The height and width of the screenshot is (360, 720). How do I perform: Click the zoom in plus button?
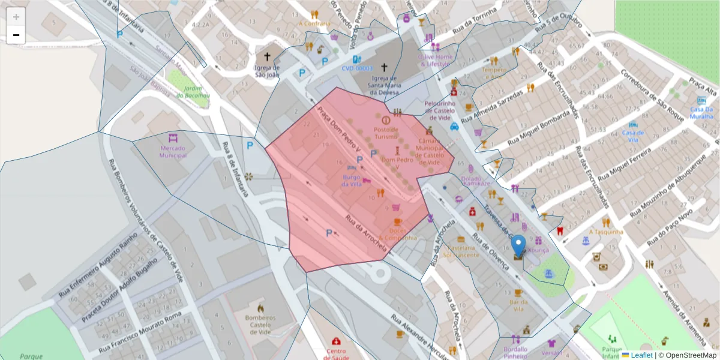pos(16,17)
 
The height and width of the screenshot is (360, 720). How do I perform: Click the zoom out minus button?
pos(16,35)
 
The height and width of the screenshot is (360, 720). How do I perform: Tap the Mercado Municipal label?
pos(173,151)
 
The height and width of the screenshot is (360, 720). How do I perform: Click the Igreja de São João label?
pos(267,71)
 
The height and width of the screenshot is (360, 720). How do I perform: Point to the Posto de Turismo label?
pos(386,133)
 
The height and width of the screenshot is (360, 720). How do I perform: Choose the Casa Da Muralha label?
pos(701,113)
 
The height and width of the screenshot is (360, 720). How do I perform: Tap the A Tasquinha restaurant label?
pos(606,232)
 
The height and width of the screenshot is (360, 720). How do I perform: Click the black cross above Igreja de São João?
pos(267,57)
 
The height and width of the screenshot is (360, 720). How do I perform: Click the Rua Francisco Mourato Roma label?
pos(139,331)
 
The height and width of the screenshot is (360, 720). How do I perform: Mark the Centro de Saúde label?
pos(337,354)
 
